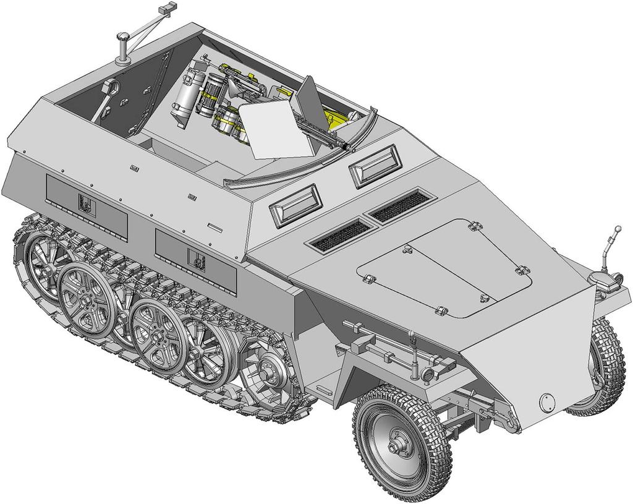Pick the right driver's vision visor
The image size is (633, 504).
(374, 164)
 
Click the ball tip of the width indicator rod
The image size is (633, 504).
(616, 230)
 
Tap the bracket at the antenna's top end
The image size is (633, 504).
(165, 11)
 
